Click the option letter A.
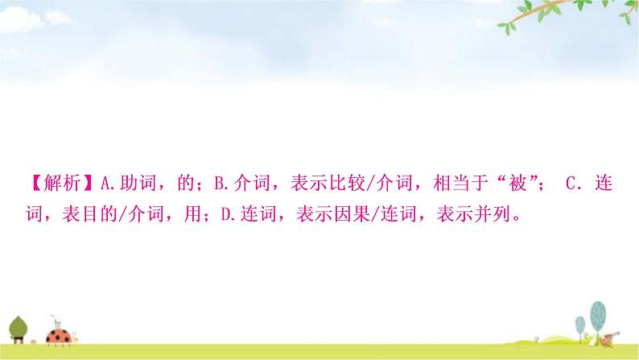[x=109, y=184]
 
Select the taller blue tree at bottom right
[x=596, y=315]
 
